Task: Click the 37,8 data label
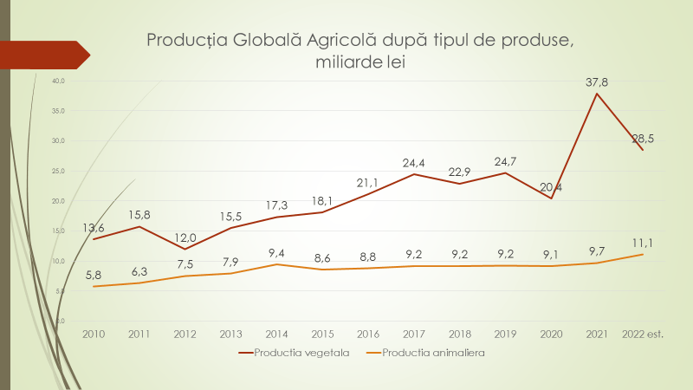597,82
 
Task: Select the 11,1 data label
642,244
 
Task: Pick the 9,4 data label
276,253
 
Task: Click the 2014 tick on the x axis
276,334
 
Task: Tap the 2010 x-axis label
94,334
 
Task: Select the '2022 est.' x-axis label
642,334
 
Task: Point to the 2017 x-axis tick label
413,334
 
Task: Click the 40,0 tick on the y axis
59,81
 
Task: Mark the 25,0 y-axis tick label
59,171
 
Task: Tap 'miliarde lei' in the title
355,62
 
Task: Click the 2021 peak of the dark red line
597,93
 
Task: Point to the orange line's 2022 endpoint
642,254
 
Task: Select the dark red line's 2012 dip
185,249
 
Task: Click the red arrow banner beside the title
43,54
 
